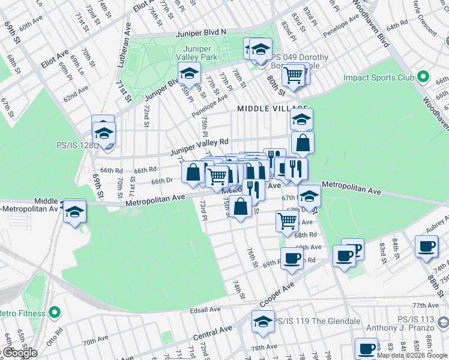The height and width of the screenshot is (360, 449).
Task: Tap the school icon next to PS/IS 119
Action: point(262,320)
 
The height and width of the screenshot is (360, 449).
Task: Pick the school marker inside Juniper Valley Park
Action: point(188,74)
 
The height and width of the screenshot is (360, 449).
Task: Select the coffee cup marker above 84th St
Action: point(426,245)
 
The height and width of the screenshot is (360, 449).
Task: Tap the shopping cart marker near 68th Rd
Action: point(288,220)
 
